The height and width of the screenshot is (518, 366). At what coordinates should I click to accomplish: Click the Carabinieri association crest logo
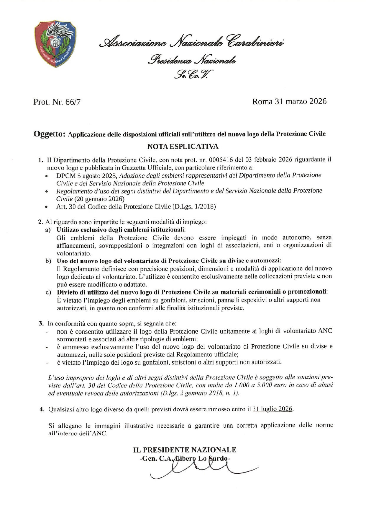(x=55, y=43)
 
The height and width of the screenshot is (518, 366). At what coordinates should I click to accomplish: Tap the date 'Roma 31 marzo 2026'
(x=289, y=102)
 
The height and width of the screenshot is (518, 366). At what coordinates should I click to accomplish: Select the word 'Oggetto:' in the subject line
(x=49, y=134)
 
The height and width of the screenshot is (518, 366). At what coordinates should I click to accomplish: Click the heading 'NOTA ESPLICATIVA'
(x=183, y=146)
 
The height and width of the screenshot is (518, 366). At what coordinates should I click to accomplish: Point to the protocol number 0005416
(x=221, y=160)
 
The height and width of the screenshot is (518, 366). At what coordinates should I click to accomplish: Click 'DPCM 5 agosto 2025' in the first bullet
(x=87, y=175)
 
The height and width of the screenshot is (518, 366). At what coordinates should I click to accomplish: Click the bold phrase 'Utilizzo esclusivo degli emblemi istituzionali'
(x=121, y=230)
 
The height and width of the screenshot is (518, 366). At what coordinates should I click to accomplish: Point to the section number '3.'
(x=42, y=323)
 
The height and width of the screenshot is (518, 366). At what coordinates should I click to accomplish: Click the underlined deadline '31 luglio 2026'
(x=273, y=409)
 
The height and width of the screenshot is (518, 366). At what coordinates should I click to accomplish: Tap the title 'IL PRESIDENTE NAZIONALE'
(x=185, y=450)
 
